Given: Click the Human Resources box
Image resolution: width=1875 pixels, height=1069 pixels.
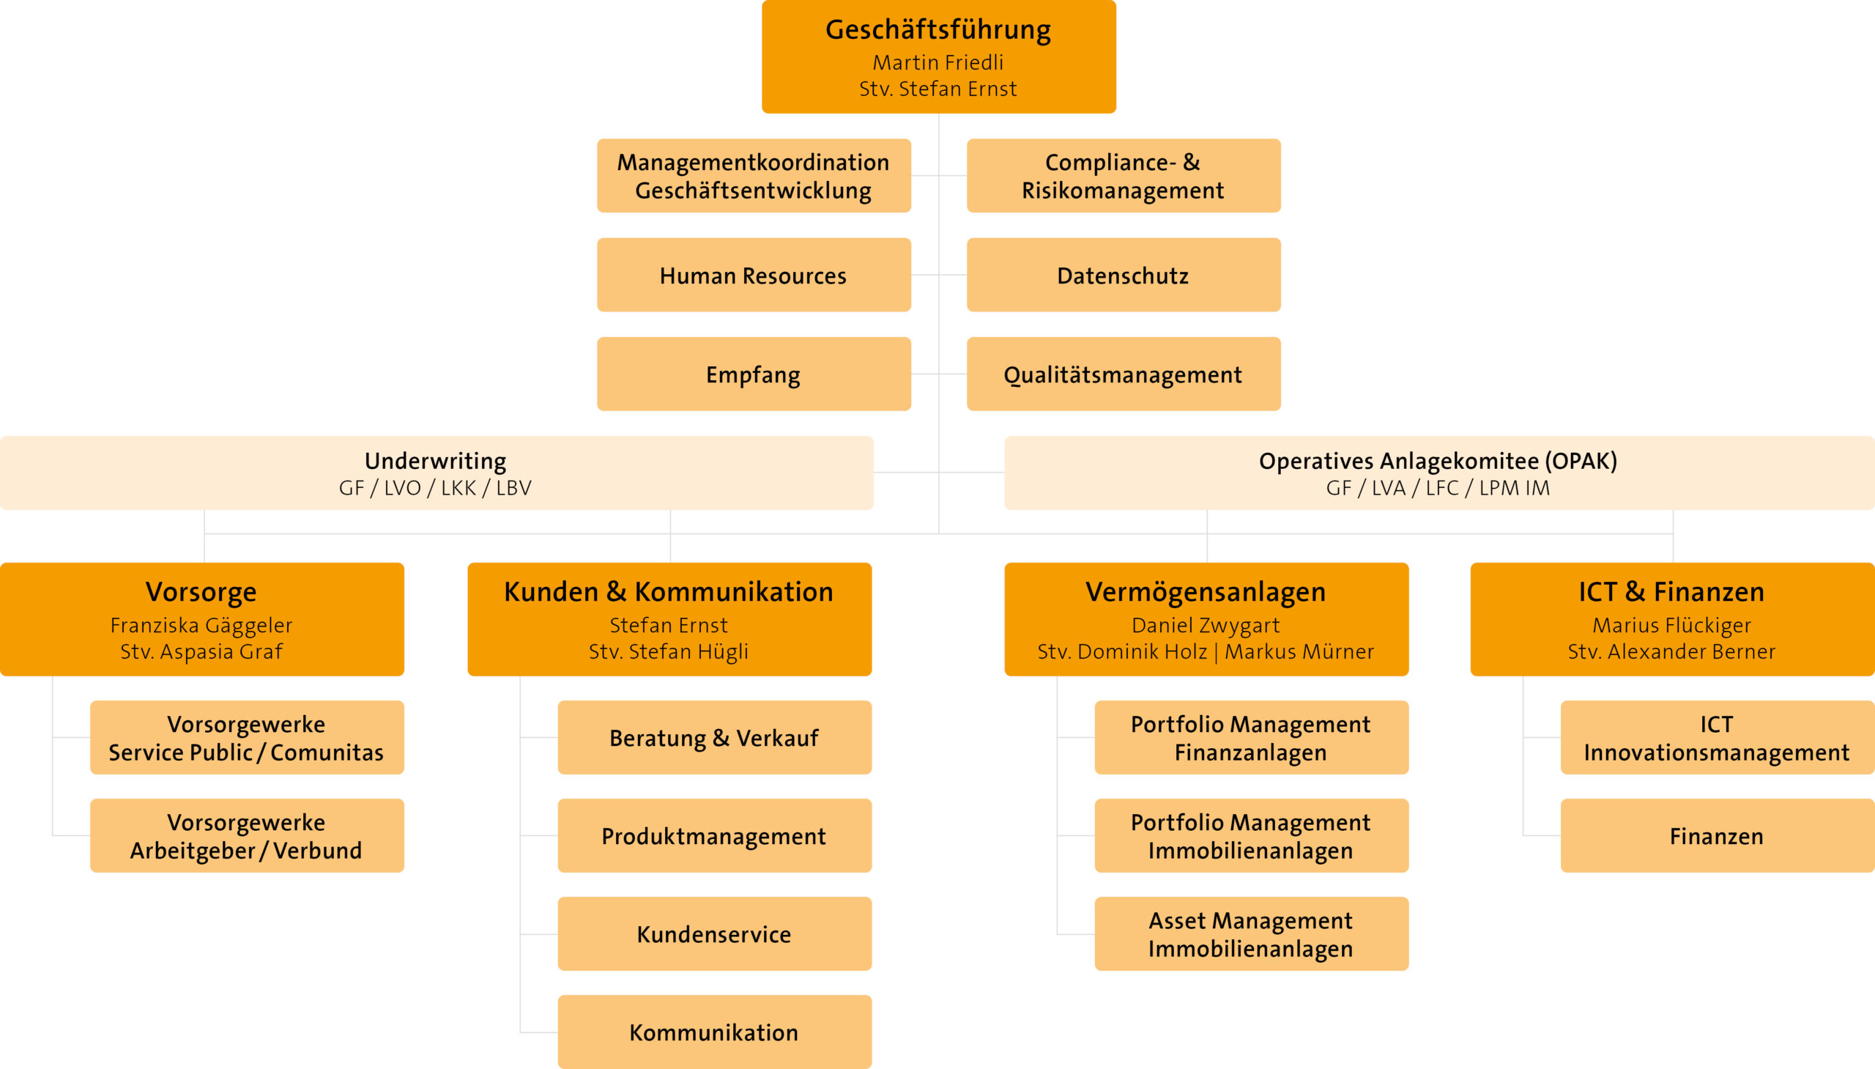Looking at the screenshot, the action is click(754, 275).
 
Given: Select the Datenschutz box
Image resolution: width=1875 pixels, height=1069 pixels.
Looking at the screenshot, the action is click(1124, 275).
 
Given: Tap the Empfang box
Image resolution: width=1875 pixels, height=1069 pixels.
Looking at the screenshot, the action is click(754, 374).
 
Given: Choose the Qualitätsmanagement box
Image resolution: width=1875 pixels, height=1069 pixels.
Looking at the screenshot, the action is click(1124, 374).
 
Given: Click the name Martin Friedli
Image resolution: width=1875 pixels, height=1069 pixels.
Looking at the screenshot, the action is click(938, 62).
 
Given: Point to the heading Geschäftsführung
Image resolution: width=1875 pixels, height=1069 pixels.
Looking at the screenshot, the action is click(938, 29).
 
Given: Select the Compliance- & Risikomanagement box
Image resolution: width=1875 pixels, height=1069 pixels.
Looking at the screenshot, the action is click(1124, 175).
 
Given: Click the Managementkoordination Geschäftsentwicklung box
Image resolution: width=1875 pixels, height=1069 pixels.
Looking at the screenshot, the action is click(754, 175).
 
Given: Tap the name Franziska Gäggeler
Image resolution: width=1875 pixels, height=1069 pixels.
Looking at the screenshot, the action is click(201, 626).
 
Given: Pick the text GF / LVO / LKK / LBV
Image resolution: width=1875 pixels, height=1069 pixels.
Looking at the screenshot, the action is click(435, 488).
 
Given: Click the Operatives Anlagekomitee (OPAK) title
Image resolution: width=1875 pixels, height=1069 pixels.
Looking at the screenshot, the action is click(1438, 460).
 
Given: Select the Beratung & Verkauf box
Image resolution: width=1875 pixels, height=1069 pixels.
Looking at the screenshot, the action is click(715, 737).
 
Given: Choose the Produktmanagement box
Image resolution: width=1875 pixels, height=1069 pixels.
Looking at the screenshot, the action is click(715, 835).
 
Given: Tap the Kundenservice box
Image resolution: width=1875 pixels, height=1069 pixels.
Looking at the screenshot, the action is click(715, 934).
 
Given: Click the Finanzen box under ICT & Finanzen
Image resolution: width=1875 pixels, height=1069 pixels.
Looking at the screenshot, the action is click(1718, 835).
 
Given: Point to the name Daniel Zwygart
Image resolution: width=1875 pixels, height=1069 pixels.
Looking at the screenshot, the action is click(1206, 626).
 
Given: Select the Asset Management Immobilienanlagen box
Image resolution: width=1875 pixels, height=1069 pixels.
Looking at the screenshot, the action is click(1251, 934).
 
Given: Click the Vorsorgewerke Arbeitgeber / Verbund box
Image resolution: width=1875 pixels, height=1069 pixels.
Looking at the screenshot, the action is click(247, 835).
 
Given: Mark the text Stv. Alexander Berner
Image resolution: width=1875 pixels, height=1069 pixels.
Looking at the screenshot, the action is click(1671, 651).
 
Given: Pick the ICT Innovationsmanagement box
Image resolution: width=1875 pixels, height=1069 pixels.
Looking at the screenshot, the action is click(1718, 737).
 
